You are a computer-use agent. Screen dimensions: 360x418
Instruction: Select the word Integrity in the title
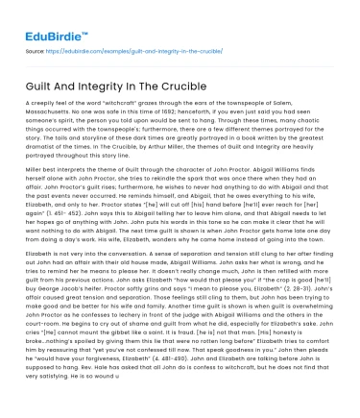click(113, 86)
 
